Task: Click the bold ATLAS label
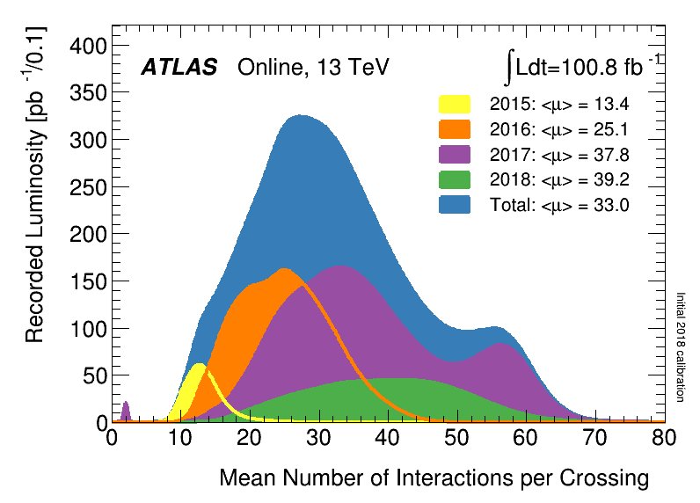(179, 69)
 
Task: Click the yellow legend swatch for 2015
(455, 105)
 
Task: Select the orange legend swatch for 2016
(455, 130)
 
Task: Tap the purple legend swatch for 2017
(455, 155)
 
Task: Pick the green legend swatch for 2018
(455, 180)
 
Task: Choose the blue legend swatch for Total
(455, 206)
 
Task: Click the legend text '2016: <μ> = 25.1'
(559, 130)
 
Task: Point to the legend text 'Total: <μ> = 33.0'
(559, 206)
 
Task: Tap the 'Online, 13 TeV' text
(312, 69)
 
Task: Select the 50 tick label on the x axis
(456, 438)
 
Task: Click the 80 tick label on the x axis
(664, 438)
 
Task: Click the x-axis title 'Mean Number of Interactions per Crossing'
(434, 479)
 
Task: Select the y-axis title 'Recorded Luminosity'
(35, 185)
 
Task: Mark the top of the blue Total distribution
(301, 116)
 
